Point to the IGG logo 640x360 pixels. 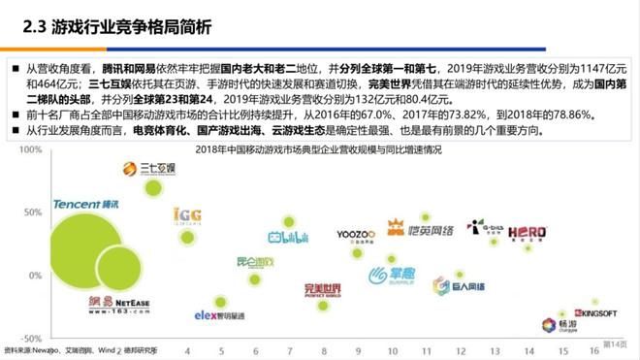[x=187, y=215]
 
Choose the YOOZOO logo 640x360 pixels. [x=354, y=235]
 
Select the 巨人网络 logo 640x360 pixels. [x=467, y=287]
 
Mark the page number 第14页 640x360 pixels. [x=615, y=344]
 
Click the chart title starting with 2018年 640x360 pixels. [x=319, y=150]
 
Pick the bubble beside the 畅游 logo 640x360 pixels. [x=560, y=313]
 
